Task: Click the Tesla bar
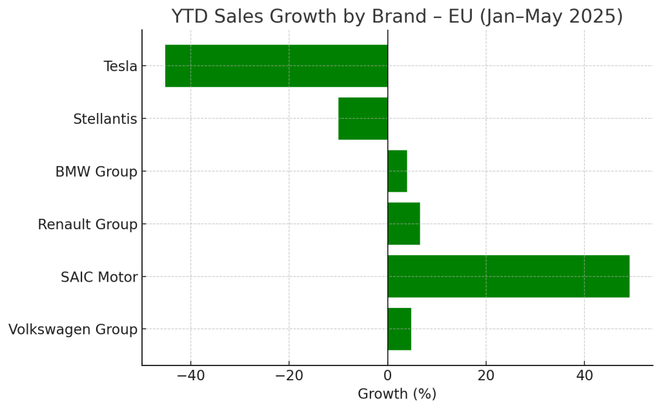point(276,66)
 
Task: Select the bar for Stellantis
point(363,119)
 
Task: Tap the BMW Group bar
point(397,171)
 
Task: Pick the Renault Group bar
point(403,224)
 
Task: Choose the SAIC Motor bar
point(508,276)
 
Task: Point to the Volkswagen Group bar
point(399,329)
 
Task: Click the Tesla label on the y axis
point(120,67)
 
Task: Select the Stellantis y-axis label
point(105,119)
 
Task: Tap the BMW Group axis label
point(96,172)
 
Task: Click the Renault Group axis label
point(87,225)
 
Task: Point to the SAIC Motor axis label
point(99,277)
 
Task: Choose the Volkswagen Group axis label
point(73,330)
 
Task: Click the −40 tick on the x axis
point(190,375)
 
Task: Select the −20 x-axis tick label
point(289,375)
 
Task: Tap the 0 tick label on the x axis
point(387,375)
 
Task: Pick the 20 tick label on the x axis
point(486,375)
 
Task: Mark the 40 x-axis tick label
point(584,375)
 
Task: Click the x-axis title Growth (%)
point(397,394)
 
